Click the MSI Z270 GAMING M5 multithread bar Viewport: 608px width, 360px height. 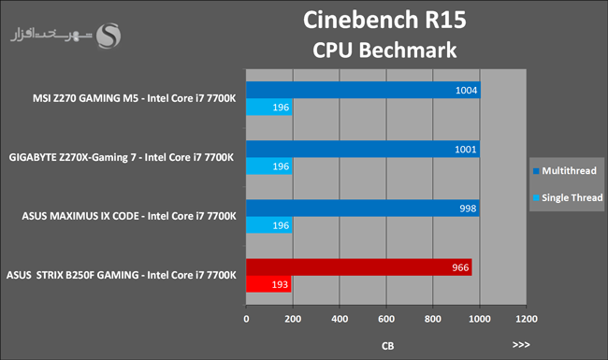coord(363,90)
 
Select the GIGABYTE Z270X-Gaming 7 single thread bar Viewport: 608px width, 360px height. coord(269,166)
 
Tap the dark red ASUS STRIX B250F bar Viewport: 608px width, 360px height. coord(358,267)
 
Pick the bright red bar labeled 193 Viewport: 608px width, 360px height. coord(268,284)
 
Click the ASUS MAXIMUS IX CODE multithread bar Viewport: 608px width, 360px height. coord(363,209)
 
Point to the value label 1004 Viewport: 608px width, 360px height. coord(466,91)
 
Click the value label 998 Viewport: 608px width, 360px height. coord(468,209)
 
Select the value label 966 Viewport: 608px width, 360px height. coord(460,267)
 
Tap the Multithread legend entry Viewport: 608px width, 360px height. coord(565,171)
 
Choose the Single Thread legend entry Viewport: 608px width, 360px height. coord(568,197)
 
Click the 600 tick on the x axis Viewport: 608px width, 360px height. coord(386,319)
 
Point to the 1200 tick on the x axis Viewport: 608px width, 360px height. coord(527,319)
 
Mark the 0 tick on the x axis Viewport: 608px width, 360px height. coord(246,319)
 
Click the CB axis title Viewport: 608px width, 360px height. coord(388,346)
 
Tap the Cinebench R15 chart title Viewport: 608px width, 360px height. coord(384,20)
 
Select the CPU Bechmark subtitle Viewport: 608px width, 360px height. coord(384,50)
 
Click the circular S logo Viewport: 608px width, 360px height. coord(109,36)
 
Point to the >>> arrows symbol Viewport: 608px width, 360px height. coord(521,344)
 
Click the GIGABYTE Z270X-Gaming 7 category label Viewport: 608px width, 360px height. coord(122,157)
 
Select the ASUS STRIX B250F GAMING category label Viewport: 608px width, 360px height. coord(122,275)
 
